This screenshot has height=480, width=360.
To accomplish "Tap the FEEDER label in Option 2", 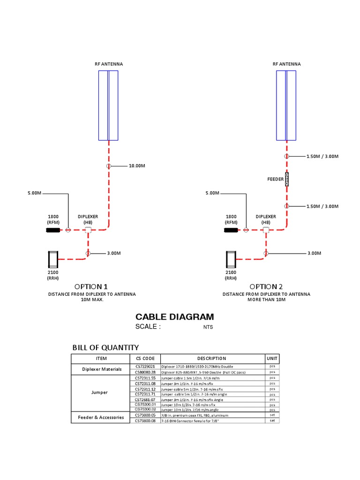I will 275,179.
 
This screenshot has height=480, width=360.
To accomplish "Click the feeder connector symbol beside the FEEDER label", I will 286,179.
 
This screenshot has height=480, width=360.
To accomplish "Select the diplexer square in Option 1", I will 88,230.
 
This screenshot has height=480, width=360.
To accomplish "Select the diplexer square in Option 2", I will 266,230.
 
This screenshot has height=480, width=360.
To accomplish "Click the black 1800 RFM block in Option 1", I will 53,230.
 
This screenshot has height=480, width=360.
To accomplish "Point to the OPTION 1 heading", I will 91,286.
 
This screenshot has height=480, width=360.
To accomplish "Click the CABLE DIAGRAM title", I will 174,317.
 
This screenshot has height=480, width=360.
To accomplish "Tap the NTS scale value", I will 208,327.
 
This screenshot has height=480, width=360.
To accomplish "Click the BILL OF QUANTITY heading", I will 105,347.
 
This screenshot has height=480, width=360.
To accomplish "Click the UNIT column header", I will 272,359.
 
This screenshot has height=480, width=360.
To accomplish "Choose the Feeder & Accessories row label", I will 99,417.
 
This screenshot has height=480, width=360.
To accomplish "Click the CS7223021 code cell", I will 144,366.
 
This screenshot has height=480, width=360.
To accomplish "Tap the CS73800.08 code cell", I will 144,420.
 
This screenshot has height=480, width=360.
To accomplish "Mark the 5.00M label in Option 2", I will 212,193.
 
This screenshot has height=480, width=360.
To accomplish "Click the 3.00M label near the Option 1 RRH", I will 114,253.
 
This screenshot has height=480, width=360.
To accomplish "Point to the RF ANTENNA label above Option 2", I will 286,64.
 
